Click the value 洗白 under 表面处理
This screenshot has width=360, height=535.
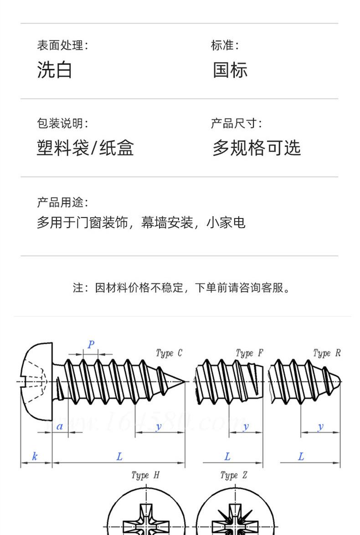pyautogui.click(x=54, y=70)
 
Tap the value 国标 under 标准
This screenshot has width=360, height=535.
pyautogui.click(x=230, y=70)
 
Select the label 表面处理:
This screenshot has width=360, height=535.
pyautogui.click(x=62, y=45)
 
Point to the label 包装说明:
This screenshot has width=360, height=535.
pyautogui.click(x=62, y=123)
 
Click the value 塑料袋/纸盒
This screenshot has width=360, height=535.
pyautogui.click(x=85, y=148)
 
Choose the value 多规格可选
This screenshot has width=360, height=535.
pyautogui.click(x=257, y=148)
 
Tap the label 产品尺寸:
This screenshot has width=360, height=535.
pyautogui.click(x=236, y=123)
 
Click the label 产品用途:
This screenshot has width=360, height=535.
pyautogui.click(x=62, y=202)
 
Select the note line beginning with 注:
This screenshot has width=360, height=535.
pyautogui.click(x=182, y=288)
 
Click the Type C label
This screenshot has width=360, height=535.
pyautogui.click(x=169, y=353)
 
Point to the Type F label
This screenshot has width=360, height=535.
pyautogui.click(x=249, y=353)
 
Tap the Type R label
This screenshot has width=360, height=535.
pyautogui.click(x=327, y=353)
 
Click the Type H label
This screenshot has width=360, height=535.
pyautogui.click(x=145, y=475)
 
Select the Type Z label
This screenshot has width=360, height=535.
pyautogui.click(x=234, y=475)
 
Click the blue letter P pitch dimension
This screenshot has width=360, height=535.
pyautogui.click(x=91, y=344)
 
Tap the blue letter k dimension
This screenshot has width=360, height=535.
pyautogui.click(x=35, y=456)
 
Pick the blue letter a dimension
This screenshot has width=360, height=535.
pyautogui.click(x=59, y=427)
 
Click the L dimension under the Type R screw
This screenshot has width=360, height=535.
pyautogui.click(x=301, y=457)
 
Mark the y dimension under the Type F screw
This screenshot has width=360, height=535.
pyautogui.click(x=246, y=427)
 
